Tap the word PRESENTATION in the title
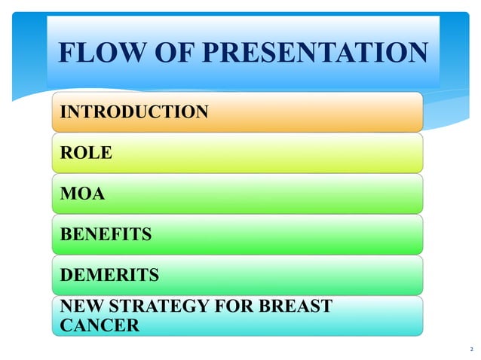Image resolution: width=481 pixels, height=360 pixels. click(x=317, y=53)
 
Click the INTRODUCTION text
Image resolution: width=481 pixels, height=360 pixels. click(x=134, y=112)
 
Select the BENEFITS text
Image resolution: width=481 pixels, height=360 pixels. click(x=106, y=235)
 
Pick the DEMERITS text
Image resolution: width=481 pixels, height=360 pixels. click(x=109, y=276)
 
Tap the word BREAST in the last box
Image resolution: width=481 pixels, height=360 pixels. click(x=299, y=307)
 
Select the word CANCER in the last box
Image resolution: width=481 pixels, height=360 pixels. click(x=100, y=325)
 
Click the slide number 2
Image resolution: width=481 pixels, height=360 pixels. click(x=471, y=349)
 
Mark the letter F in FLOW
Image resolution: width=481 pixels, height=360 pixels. click(x=66, y=53)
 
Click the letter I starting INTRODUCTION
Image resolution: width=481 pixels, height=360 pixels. click(x=63, y=112)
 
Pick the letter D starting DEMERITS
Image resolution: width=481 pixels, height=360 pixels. click(x=66, y=276)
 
